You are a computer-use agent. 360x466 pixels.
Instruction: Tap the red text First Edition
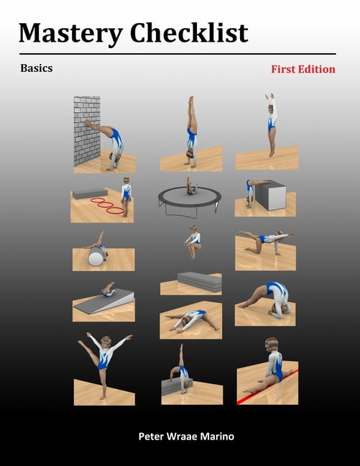[x=303, y=70]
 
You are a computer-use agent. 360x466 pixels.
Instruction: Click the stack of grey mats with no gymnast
[x=199, y=281]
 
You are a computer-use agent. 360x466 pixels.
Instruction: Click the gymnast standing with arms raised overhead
[x=272, y=122]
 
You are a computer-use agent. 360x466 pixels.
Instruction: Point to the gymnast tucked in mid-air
[x=193, y=242]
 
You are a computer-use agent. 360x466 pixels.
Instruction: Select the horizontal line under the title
[x=177, y=54]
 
